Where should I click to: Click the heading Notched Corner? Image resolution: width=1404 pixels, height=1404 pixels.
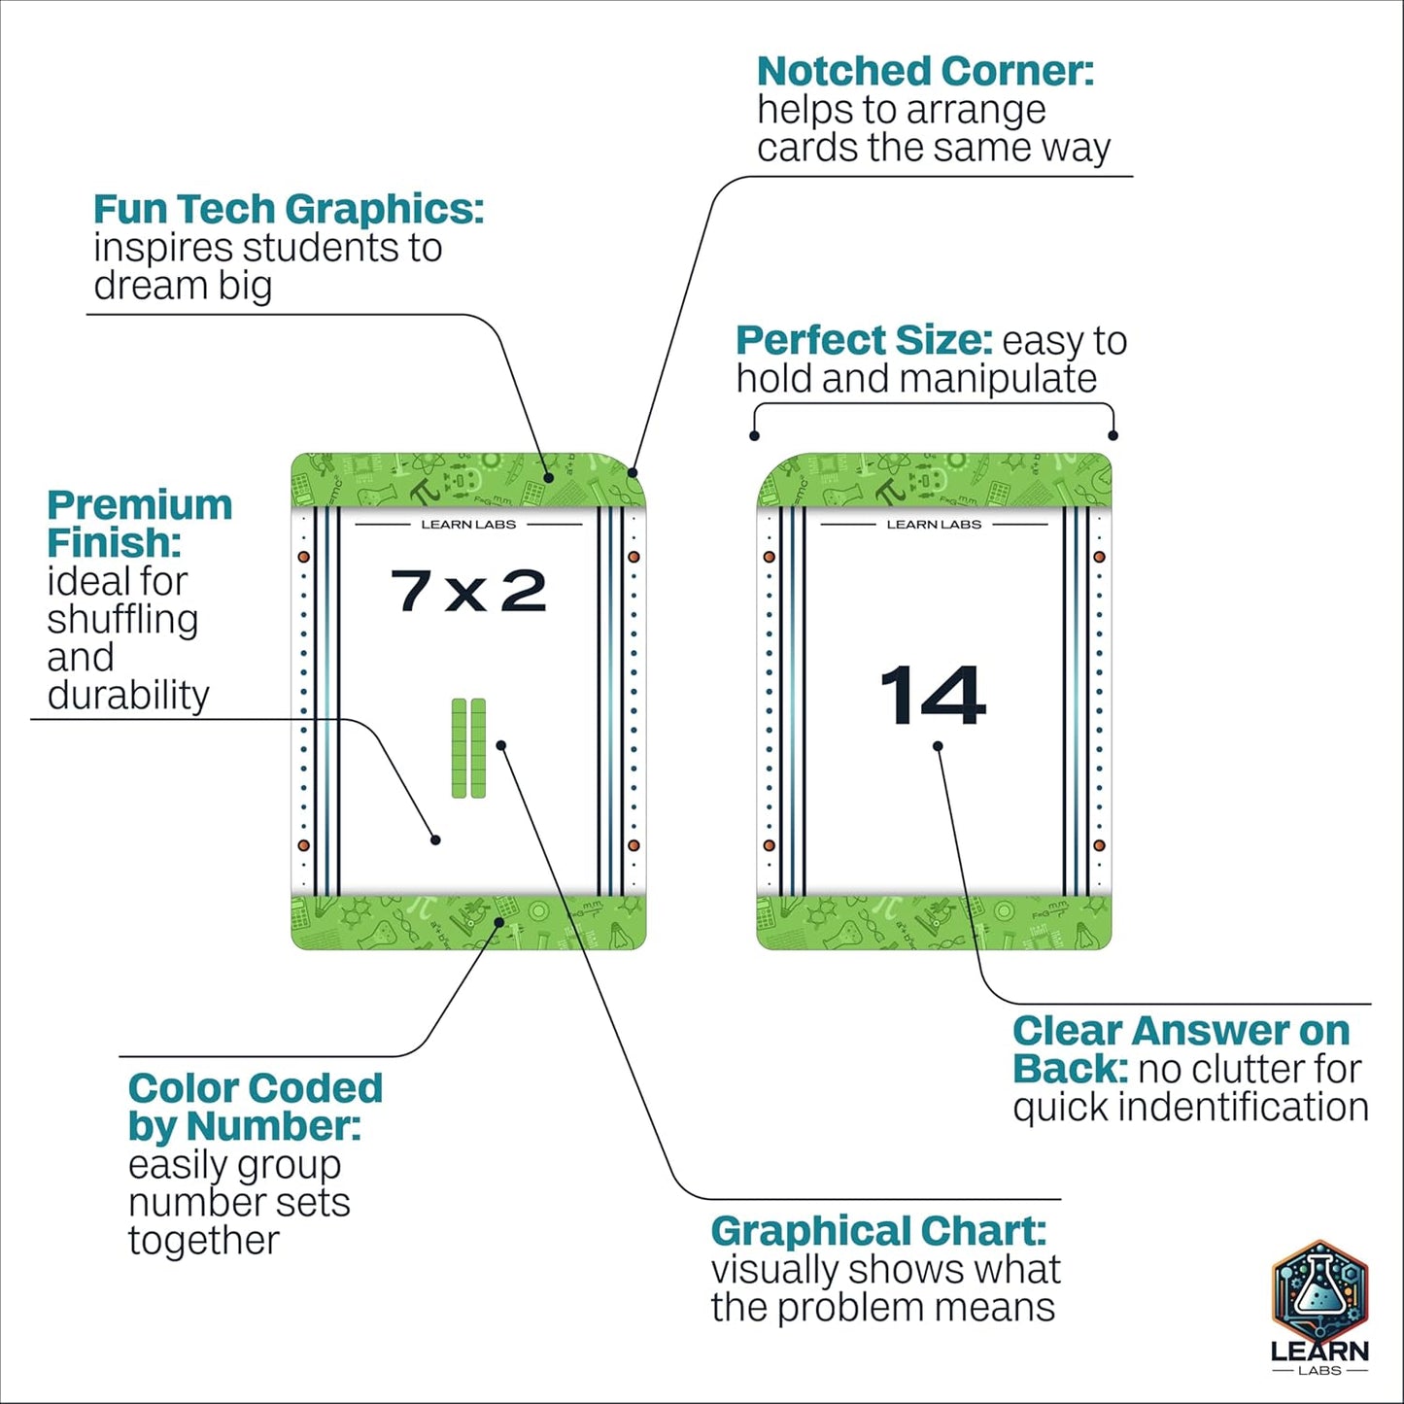[925, 71]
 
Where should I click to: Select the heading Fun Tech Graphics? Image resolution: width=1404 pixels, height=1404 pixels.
[289, 209]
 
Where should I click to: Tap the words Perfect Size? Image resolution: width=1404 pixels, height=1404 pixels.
[864, 340]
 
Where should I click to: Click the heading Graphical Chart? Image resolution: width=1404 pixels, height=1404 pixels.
[878, 1231]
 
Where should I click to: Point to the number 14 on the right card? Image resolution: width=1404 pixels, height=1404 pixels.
[933, 695]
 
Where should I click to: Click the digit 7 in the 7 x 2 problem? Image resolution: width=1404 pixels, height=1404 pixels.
[413, 590]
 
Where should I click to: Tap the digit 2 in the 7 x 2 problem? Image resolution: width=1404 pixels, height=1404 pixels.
[523, 590]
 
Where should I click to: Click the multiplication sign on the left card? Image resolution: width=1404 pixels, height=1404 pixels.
[466, 594]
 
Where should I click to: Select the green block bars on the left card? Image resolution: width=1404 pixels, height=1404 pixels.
[468, 747]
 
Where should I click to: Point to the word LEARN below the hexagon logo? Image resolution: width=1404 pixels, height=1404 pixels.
[1319, 1353]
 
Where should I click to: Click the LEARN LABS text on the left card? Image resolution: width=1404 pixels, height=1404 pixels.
[468, 524]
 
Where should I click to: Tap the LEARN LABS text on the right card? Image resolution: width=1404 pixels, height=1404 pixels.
[934, 524]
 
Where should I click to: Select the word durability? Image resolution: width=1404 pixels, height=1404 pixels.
[128, 695]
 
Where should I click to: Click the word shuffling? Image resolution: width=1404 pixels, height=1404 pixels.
[123, 620]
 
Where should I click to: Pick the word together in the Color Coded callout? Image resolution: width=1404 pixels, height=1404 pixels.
[204, 1240]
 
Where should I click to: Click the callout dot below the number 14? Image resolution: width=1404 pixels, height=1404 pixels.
[938, 746]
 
